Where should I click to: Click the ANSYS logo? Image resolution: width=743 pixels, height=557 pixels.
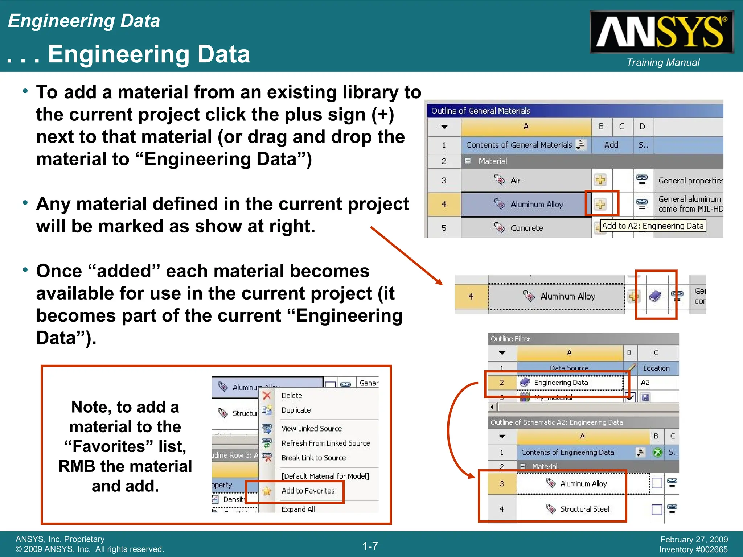(661, 32)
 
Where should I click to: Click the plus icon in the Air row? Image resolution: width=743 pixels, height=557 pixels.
(600, 180)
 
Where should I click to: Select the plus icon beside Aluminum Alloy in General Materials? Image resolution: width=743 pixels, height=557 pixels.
(600, 204)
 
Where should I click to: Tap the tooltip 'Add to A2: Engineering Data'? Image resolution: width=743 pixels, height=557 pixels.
(653, 226)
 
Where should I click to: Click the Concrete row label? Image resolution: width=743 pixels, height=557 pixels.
(527, 228)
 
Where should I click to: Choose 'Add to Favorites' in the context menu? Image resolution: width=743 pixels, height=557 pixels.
(308, 491)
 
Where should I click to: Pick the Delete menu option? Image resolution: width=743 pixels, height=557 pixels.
(292, 396)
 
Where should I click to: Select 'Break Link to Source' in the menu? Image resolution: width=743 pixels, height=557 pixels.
(313, 458)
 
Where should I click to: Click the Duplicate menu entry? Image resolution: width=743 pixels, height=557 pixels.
(296, 410)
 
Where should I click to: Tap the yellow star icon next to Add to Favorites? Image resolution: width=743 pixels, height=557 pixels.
(267, 491)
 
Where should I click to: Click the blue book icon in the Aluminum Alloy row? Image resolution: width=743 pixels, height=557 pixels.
(655, 296)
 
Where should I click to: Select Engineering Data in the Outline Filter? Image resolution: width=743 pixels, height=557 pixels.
(561, 383)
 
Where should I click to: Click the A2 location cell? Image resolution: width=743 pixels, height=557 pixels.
(645, 383)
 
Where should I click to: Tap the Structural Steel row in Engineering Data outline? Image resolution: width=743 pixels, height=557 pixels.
(584, 509)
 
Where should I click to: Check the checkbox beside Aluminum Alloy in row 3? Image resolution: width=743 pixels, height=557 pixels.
(657, 483)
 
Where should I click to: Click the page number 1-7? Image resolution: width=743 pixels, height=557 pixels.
(370, 546)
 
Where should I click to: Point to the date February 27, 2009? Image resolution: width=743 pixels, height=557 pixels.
(694, 540)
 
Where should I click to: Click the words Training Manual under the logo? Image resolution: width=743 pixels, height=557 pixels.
(663, 62)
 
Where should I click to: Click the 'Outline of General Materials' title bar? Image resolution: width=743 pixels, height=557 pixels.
(573, 111)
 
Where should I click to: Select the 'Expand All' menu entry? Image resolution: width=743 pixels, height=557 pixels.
(298, 509)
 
